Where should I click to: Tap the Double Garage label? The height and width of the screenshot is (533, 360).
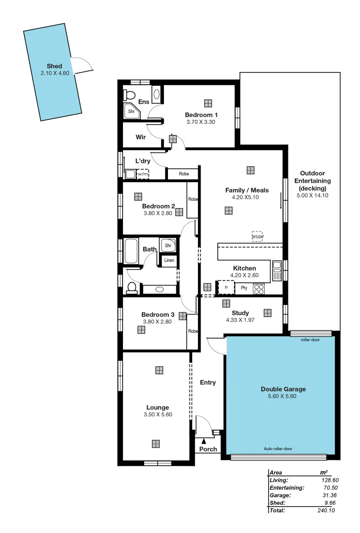point(280,389)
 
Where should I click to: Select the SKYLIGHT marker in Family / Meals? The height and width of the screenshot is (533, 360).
point(257,236)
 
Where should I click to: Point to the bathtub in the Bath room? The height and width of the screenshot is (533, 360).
point(131,251)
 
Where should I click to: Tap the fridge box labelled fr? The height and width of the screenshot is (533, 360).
point(226,287)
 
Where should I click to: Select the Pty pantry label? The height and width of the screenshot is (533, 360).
point(243,288)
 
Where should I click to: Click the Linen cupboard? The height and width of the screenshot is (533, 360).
point(169,260)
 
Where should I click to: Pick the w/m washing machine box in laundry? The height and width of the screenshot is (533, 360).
point(143,174)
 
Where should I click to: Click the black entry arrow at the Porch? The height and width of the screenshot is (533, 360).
point(203,441)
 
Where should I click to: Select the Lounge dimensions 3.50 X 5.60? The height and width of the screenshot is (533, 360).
point(158,415)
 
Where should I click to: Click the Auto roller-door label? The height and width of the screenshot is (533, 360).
point(278,449)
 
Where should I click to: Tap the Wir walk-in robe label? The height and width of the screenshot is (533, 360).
point(140,137)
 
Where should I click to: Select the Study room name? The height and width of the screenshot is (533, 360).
point(240,313)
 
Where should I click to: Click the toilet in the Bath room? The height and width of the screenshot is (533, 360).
point(132,288)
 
